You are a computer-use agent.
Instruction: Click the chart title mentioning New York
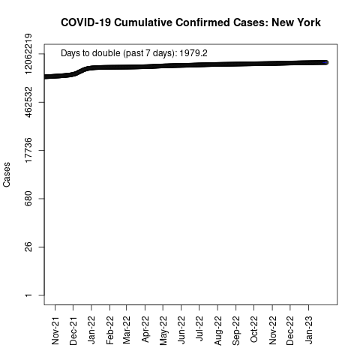[x=190, y=22]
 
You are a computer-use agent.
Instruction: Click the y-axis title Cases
[x=7, y=175]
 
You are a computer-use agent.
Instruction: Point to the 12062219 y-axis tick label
[x=28, y=53]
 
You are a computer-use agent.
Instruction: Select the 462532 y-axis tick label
[x=28, y=102]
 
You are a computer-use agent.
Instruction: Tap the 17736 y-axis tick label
[x=28, y=150]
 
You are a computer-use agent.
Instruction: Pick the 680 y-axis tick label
[x=28, y=199]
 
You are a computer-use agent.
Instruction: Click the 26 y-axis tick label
[x=28, y=247]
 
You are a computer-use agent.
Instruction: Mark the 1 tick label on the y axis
[x=28, y=295]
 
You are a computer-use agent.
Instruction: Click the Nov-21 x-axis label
[x=55, y=331]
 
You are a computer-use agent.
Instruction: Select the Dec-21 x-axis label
[x=73, y=331]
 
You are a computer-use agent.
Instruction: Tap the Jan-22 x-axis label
[x=91, y=330]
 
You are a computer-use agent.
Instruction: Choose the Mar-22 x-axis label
[x=127, y=330]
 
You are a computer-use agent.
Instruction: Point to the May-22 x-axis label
[x=163, y=331]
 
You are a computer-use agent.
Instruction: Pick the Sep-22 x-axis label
[x=235, y=331]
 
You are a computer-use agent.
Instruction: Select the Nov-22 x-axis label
[x=272, y=331]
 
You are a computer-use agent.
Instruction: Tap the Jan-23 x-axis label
[x=309, y=330]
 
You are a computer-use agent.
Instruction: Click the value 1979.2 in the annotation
[x=193, y=53]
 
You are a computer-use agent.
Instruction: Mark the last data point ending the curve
[x=325, y=62]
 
